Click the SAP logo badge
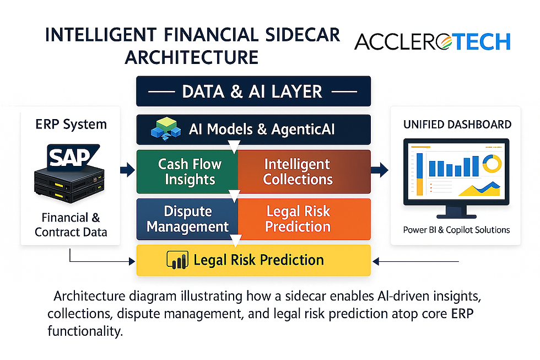point(73,158)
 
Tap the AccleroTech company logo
point(432,42)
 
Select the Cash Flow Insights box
point(188,171)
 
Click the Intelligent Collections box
point(304,171)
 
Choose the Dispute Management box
point(188,219)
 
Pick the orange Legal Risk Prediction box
point(304,219)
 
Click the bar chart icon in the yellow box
point(177,260)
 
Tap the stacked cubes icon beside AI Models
point(166,129)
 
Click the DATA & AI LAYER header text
point(252,92)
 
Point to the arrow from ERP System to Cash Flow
point(127,170)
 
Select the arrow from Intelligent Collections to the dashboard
point(380,170)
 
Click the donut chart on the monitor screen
point(492,163)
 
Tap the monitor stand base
point(456,216)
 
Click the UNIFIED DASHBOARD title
point(457,125)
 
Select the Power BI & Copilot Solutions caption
point(456,230)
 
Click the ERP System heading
point(71,125)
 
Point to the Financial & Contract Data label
point(71,224)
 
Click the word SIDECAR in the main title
point(303,35)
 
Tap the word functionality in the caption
point(85,331)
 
